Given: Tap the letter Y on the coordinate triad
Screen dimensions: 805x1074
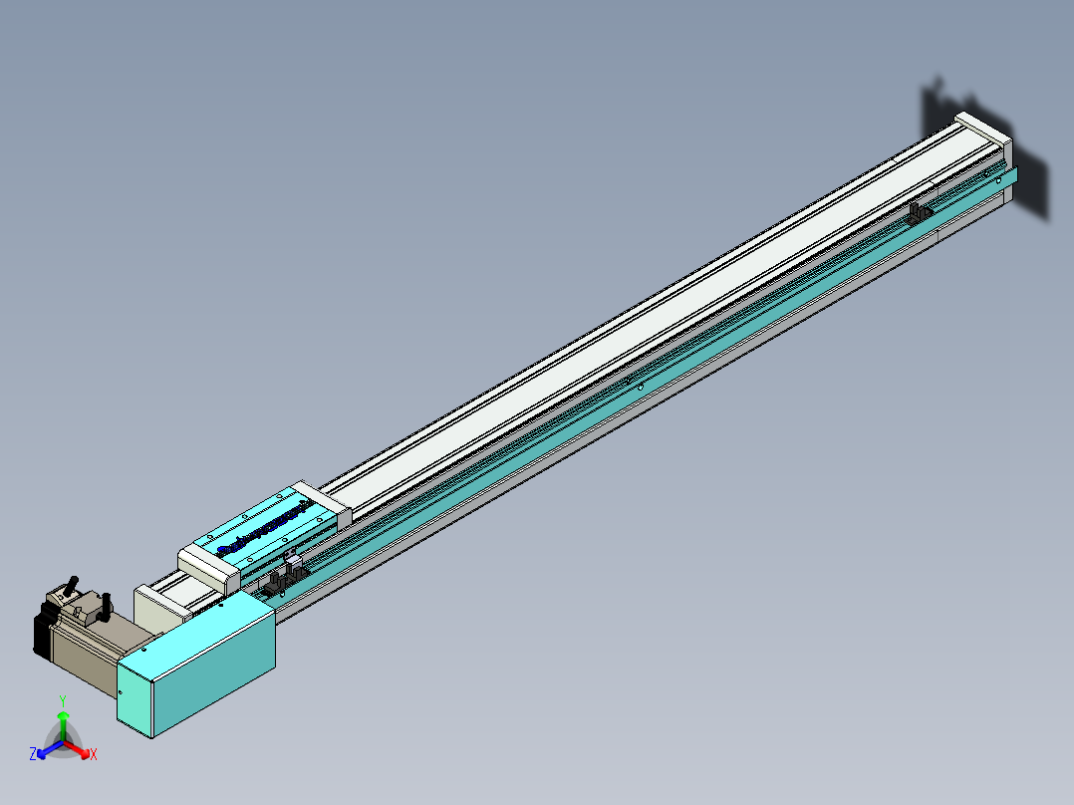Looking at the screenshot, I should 63,700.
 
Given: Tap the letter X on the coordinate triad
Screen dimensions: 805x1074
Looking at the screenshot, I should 94,755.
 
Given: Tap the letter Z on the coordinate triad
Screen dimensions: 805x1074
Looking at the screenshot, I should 33,754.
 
